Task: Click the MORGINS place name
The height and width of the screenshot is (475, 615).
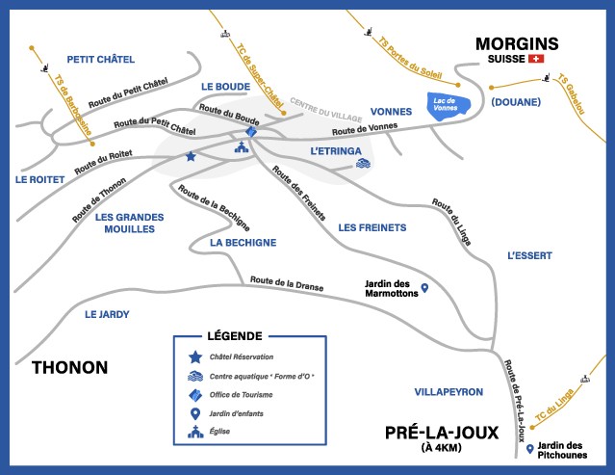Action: click(x=517, y=43)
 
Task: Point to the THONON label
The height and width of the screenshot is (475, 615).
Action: click(x=69, y=367)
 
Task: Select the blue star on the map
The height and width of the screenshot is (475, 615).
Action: click(x=191, y=156)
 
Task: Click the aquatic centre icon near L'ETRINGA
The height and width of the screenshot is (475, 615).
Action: click(x=362, y=164)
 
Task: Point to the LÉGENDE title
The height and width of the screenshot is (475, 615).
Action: click(x=234, y=336)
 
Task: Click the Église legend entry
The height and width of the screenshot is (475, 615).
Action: click(x=222, y=434)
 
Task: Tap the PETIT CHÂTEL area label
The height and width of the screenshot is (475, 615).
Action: click(x=100, y=60)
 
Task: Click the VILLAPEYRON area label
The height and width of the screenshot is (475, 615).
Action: click(x=448, y=392)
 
